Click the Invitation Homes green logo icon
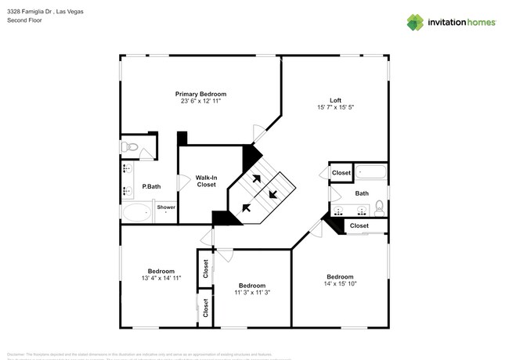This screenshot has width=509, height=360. [415, 22]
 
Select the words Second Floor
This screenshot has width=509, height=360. [25, 21]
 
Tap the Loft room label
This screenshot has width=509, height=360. [335, 100]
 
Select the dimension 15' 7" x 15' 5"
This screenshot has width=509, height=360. [335, 107]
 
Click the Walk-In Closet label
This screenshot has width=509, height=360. [206, 181]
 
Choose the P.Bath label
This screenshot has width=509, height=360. [151, 186]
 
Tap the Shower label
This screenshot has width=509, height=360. [167, 207]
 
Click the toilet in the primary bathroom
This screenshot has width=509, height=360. [130, 147]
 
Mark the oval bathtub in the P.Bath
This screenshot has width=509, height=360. [136, 211]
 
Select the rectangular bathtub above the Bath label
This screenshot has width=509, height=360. [370, 173]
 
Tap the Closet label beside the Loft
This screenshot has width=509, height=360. [341, 173]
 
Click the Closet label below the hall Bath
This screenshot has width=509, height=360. [359, 226]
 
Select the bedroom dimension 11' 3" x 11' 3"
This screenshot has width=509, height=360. [251, 293]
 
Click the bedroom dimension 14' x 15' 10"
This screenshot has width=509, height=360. [340, 284]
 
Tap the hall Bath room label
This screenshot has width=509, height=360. [362, 193]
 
